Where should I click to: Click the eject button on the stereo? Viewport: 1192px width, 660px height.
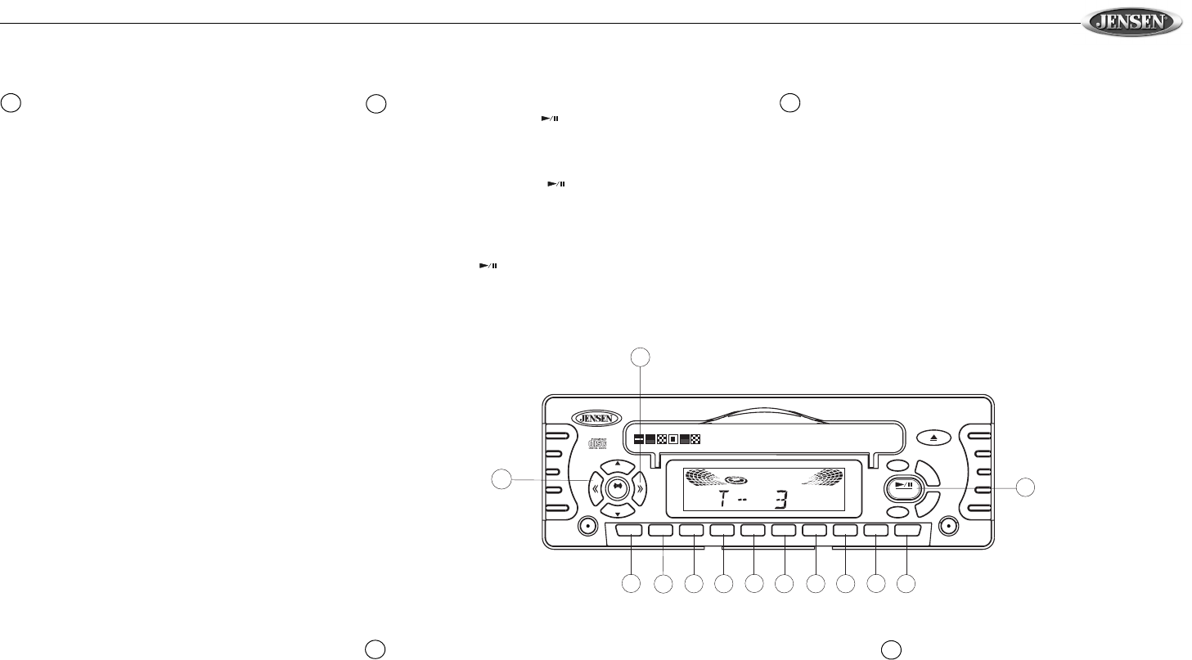[929, 438]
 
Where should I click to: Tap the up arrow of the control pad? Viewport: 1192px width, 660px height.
[617, 466]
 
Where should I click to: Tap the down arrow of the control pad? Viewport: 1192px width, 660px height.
[617, 511]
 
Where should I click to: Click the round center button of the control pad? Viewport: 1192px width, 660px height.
[617, 488]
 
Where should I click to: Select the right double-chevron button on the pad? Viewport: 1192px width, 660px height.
[640, 489]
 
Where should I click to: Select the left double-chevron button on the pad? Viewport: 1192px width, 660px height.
[594, 489]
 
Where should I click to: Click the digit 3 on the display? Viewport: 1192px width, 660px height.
[780, 501]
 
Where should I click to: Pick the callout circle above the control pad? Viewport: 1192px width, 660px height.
[641, 356]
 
